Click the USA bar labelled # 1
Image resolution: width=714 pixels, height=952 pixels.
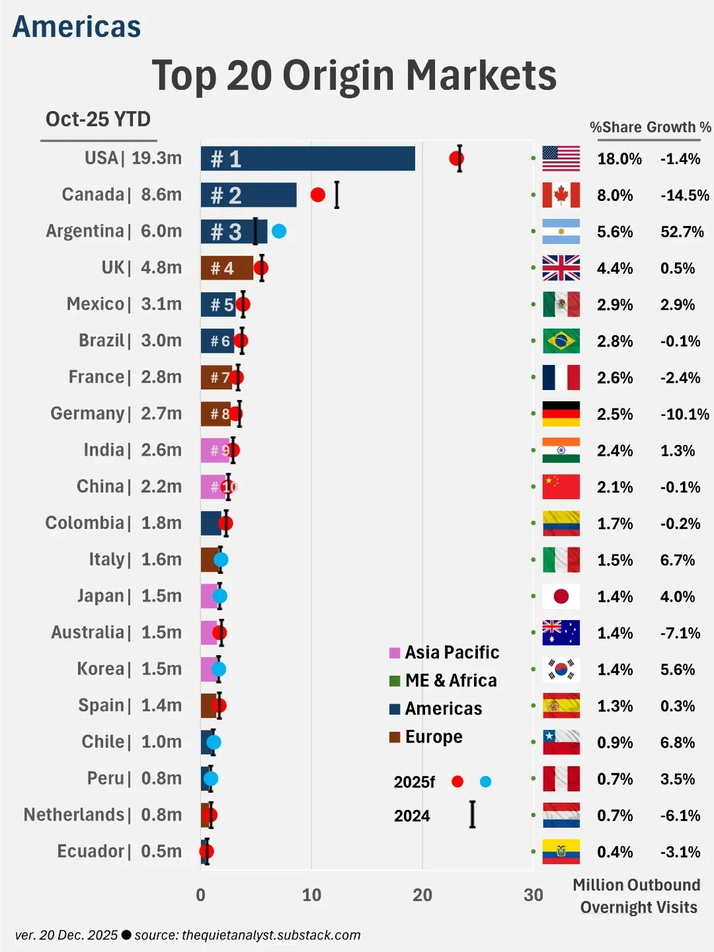(307, 159)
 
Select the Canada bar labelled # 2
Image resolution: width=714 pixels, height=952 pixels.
(249, 195)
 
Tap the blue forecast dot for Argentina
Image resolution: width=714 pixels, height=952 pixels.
(279, 231)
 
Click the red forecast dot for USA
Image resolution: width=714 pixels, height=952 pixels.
(456, 159)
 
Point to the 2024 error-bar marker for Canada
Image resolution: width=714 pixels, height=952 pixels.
(337, 195)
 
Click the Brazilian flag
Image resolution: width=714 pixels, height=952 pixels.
(561, 341)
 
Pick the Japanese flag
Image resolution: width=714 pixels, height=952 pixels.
(561, 596)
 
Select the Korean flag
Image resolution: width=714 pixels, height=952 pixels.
(561, 669)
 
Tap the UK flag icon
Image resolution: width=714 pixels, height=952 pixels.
(561, 268)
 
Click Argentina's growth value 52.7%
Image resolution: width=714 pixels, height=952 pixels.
(682, 232)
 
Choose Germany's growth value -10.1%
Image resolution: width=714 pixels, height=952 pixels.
(684, 415)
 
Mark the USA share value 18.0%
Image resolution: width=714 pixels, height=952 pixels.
(619, 159)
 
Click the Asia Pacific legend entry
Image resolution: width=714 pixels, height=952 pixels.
(444, 653)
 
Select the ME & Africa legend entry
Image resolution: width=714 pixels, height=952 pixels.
(443, 680)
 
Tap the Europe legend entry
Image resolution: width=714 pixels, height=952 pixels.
(426, 736)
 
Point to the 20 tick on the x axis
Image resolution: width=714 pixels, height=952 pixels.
(422, 895)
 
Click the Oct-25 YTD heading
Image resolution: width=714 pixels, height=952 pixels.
(99, 120)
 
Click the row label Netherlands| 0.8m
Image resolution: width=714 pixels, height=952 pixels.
(102, 814)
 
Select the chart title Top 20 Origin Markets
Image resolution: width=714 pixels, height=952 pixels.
(354, 75)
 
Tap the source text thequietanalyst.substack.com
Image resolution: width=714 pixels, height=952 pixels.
(271, 935)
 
